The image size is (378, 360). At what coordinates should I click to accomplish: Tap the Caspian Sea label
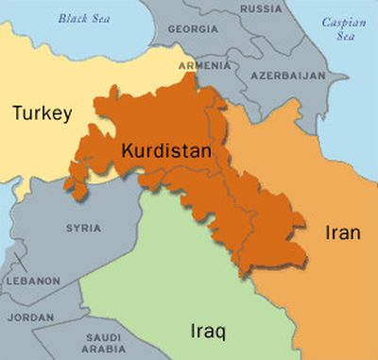[342, 27]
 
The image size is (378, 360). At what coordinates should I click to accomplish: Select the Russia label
[261, 9]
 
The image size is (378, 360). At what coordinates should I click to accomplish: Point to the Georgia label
[193, 29]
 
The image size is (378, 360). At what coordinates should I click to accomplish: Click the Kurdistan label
[165, 151]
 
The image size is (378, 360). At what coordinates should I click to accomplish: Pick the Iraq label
[198, 332]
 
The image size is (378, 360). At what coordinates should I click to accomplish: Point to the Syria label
[83, 228]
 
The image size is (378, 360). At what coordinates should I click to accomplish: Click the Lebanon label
[33, 281]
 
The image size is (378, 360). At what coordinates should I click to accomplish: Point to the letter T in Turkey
[17, 113]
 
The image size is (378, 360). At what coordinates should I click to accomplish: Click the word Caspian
[342, 21]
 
